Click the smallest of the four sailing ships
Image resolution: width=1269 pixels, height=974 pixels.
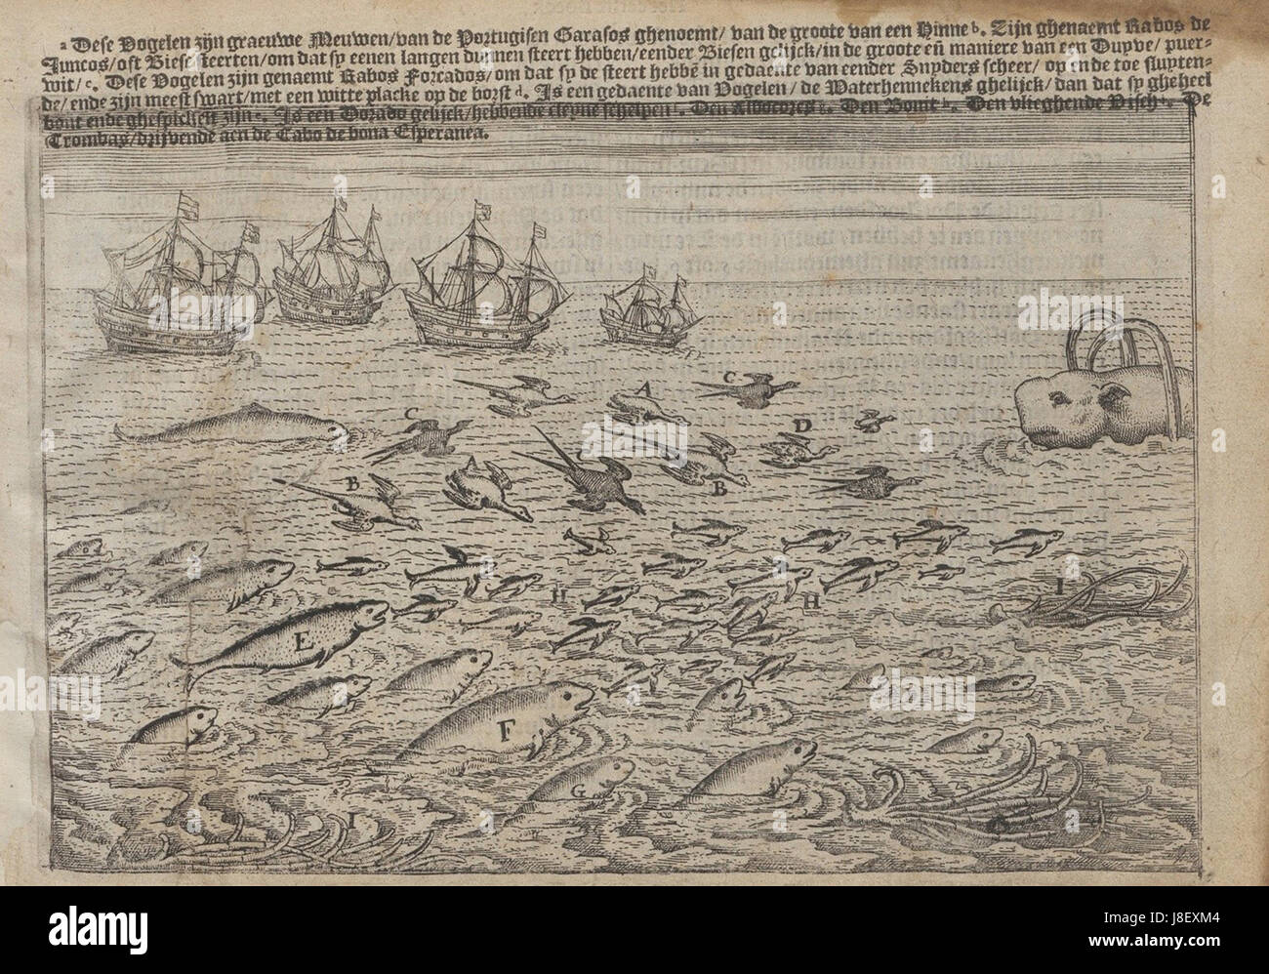pyautogui.click(x=646, y=308)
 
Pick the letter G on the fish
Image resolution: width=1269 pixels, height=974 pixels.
pyautogui.click(x=576, y=791)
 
